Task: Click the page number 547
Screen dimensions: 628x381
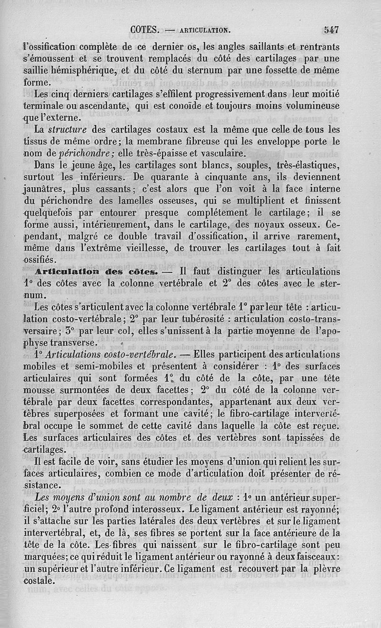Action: [331, 30]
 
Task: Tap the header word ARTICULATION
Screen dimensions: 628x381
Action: [205, 30]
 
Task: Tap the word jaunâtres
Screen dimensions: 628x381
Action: [46, 189]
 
